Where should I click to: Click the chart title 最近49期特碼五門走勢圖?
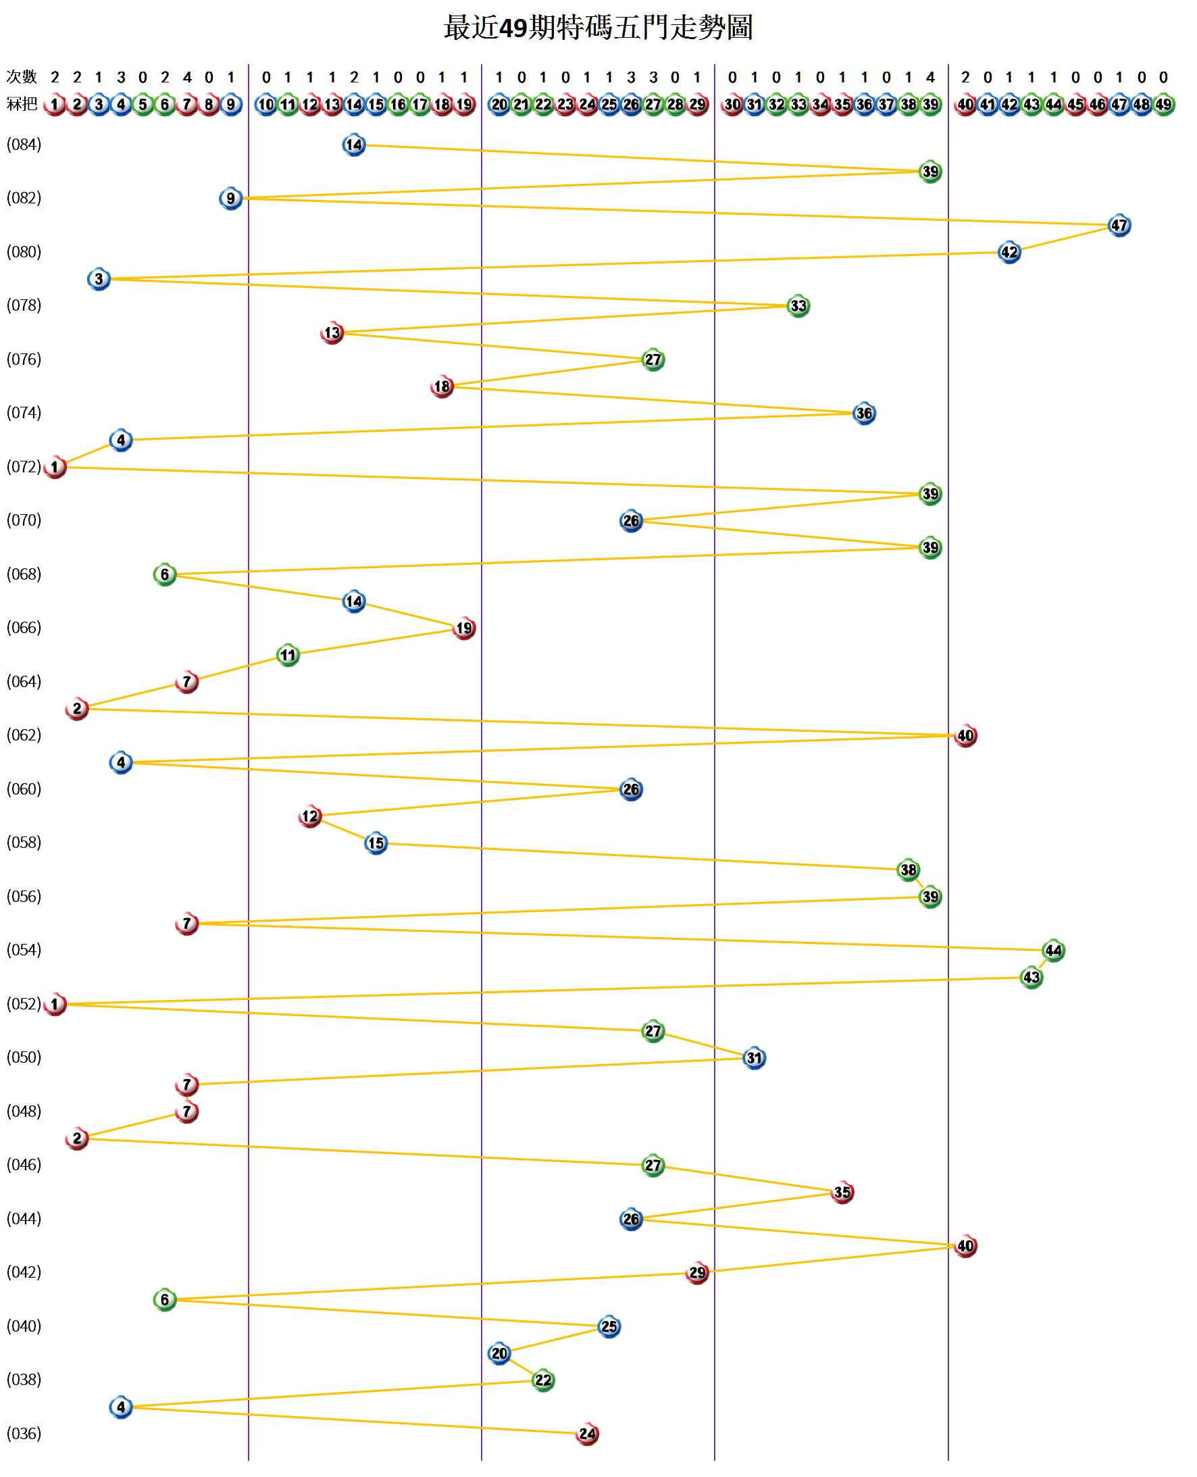pyautogui.click(x=598, y=28)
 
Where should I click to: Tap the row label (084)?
pyautogui.click(x=24, y=145)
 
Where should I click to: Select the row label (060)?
pyautogui.click(x=24, y=788)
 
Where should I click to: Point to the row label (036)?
pyautogui.click(x=24, y=1434)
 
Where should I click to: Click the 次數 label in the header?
pyautogui.click(x=22, y=76)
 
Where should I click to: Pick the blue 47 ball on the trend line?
pyautogui.click(x=1119, y=226)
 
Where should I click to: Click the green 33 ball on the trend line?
pyautogui.click(x=798, y=305)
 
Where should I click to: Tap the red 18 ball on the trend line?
pyautogui.click(x=442, y=387)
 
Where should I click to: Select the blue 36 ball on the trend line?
pyautogui.click(x=863, y=414)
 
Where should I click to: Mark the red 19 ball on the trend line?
pyautogui.click(x=463, y=628)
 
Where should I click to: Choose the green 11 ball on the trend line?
pyautogui.click(x=288, y=655)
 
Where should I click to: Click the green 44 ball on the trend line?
pyautogui.click(x=1053, y=951)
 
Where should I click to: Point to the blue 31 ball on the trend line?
pyautogui.click(x=754, y=1058)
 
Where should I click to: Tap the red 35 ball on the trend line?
pyautogui.click(x=842, y=1193)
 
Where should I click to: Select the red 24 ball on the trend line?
pyautogui.click(x=587, y=1434)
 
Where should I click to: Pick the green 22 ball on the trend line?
pyautogui.click(x=542, y=1380)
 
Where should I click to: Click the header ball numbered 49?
pyautogui.click(x=1163, y=105)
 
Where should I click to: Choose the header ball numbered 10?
pyautogui.click(x=265, y=105)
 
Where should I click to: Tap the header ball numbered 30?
pyautogui.click(x=732, y=105)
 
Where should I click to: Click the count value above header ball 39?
pyautogui.click(x=930, y=77)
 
